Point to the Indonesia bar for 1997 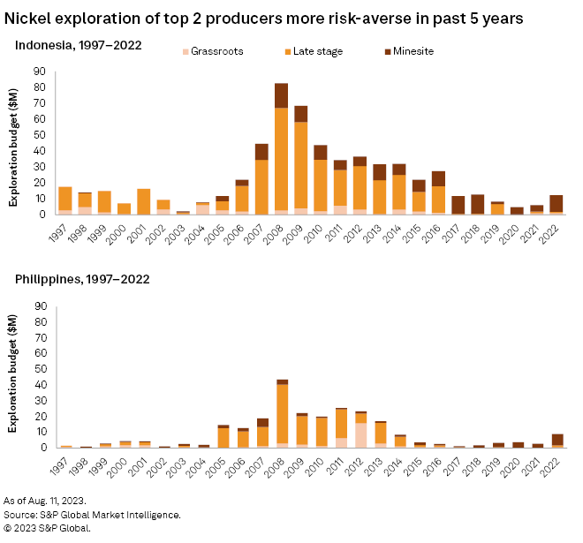pos(65,200)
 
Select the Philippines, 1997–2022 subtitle pos(81,280)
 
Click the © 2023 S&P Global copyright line pos(60,528)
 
